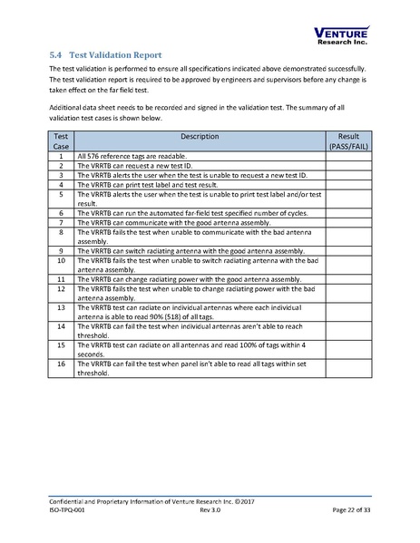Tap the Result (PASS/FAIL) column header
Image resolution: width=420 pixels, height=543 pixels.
pyautogui.click(x=348, y=140)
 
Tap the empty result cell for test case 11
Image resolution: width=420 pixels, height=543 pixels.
pyautogui.click(x=348, y=279)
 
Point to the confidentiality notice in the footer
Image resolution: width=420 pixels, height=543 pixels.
pyautogui.click(x=150, y=501)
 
